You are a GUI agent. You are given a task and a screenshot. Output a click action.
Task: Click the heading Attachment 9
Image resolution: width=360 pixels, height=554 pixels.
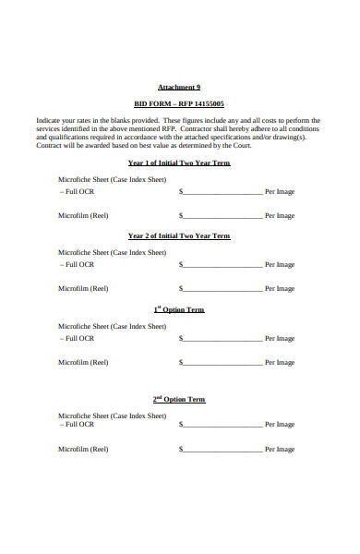[x=179, y=86]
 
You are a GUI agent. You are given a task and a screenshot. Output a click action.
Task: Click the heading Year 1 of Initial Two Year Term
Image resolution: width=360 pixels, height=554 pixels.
[x=179, y=163]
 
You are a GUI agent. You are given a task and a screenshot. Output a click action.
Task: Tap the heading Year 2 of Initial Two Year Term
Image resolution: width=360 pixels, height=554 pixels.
[x=179, y=235]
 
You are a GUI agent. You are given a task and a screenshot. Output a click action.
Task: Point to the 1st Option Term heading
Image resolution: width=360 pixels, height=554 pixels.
[x=179, y=309]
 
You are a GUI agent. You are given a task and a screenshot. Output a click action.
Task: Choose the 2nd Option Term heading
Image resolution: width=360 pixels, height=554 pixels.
[x=179, y=400]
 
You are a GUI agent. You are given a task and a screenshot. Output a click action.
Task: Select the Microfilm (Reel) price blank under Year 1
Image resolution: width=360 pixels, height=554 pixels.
[x=222, y=216]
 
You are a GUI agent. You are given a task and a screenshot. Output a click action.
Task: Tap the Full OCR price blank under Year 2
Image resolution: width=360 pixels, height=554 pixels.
[x=222, y=265]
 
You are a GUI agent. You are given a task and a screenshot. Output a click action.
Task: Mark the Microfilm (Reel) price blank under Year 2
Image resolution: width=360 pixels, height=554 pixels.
[x=222, y=289]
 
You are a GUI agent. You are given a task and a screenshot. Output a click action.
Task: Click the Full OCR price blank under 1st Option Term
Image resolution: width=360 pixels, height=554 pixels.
[x=222, y=339]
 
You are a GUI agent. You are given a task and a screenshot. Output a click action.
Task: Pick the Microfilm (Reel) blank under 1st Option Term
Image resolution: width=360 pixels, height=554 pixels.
[x=222, y=363]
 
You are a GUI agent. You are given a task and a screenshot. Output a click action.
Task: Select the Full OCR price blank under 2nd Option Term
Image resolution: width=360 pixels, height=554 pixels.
[x=222, y=425]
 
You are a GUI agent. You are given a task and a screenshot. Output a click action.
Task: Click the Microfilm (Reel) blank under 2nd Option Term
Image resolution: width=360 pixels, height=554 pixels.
[x=222, y=450]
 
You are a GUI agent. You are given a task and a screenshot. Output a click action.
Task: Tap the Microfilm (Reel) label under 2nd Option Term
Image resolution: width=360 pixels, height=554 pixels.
[x=83, y=450]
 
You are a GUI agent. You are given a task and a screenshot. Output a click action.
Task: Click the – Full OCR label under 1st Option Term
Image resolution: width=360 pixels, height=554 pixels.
[x=78, y=338]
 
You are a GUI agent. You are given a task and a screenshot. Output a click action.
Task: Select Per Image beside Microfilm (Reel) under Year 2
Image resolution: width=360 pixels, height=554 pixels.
[x=280, y=289]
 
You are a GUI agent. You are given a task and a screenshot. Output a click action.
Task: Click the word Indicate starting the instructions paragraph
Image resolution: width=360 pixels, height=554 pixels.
[x=51, y=121]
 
